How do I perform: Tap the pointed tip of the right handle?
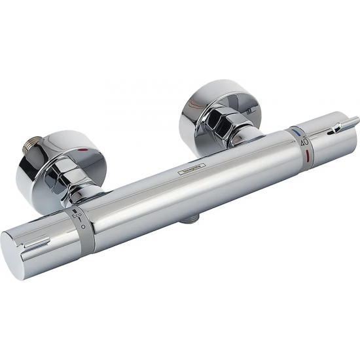click(x=357, y=119)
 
